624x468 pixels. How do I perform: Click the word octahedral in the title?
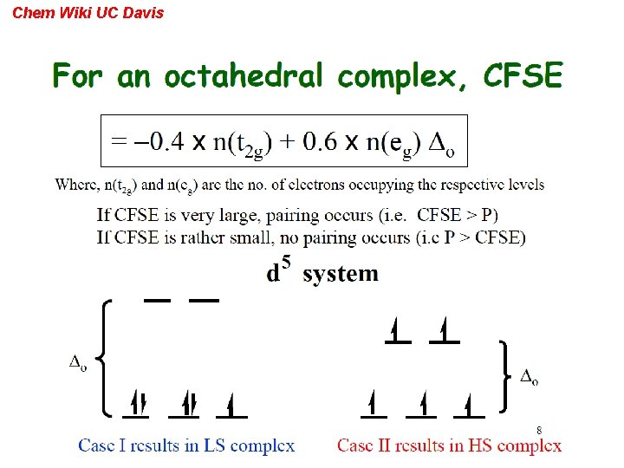pyautogui.click(x=243, y=78)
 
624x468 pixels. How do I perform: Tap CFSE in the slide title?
pyautogui.click(x=523, y=77)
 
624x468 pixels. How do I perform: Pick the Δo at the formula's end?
pyautogui.click(x=442, y=142)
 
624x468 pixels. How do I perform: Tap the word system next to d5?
pyautogui.click(x=341, y=274)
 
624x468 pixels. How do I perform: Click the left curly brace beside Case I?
pyautogui.click(x=103, y=356)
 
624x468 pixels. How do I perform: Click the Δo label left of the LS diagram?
pyautogui.click(x=78, y=363)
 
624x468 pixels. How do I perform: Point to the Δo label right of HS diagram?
pyautogui.click(x=530, y=377)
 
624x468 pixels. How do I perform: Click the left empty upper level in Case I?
pyautogui.click(x=156, y=300)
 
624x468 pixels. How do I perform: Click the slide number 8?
pyautogui.click(x=538, y=430)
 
